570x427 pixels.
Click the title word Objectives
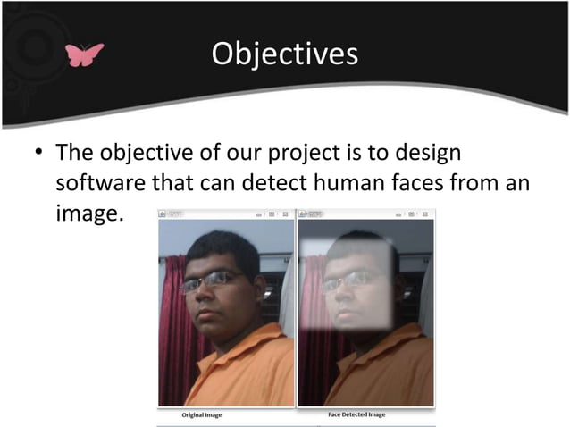pyautogui.click(x=284, y=54)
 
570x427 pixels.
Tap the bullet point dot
pyautogui.click(x=38, y=155)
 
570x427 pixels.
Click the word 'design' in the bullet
pyautogui.click(x=432, y=154)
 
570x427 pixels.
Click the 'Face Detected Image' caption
pyautogui.click(x=350, y=415)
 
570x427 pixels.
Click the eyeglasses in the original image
pyautogui.click(x=211, y=281)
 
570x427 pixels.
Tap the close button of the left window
pyautogui.click(x=285, y=214)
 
